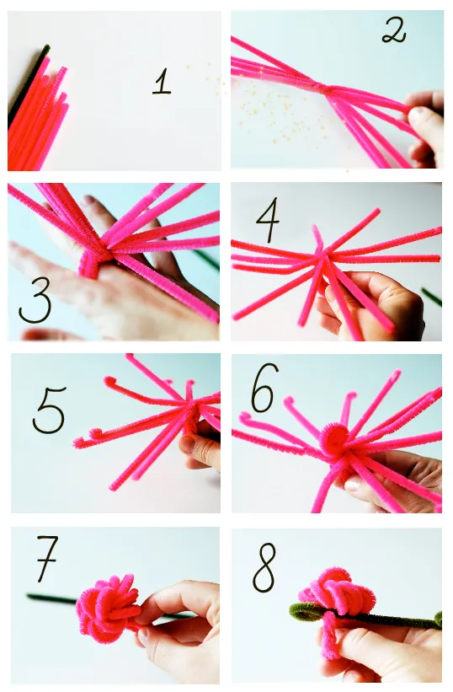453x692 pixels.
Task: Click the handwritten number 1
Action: click(x=162, y=81)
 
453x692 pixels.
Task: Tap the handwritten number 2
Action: click(x=393, y=30)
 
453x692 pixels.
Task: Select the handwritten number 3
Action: click(x=35, y=300)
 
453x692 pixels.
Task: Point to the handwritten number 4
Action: click(x=268, y=220)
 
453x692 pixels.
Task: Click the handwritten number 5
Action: click(x=49, y=410)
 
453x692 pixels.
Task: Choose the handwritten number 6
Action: click(x=264, y=388)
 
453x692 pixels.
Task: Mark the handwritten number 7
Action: click(x=46, y=558)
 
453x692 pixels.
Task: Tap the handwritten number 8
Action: click(x=264, y=567)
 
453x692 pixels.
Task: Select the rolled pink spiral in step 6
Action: click(x=333, y=439)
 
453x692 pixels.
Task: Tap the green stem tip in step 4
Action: click(x=431, y=296)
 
